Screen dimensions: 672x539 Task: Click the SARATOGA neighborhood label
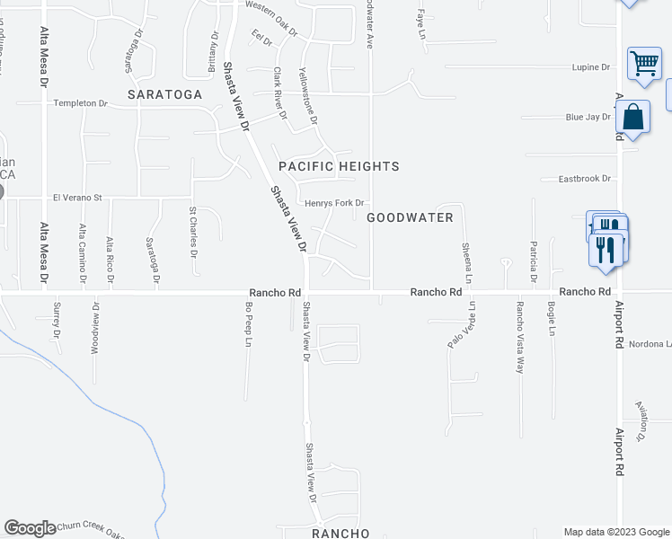(x=164, y=93)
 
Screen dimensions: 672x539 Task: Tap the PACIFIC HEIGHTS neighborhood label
(x=339, y=166)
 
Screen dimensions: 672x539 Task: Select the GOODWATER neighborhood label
(x=410, y=216)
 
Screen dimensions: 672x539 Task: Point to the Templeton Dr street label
(x=80, y=103)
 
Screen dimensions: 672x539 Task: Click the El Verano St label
(x=78, y=198)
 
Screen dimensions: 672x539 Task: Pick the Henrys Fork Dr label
(x=334, y=203)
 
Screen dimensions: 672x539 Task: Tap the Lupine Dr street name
(x=591, y=67)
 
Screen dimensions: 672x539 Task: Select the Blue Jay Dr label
(x=588, y=117)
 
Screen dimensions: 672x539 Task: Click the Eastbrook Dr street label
(x=584, y=179)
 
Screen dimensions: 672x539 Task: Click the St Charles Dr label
(x=193, y=231)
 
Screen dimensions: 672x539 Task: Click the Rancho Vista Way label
(x=519, y=336)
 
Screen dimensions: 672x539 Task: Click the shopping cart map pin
(x=644, y=66)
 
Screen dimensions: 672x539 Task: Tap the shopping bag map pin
(x=633, y=119)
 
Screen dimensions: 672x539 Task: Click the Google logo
(x=30, y=528)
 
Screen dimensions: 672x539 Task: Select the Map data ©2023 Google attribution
(x=615, y=532)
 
